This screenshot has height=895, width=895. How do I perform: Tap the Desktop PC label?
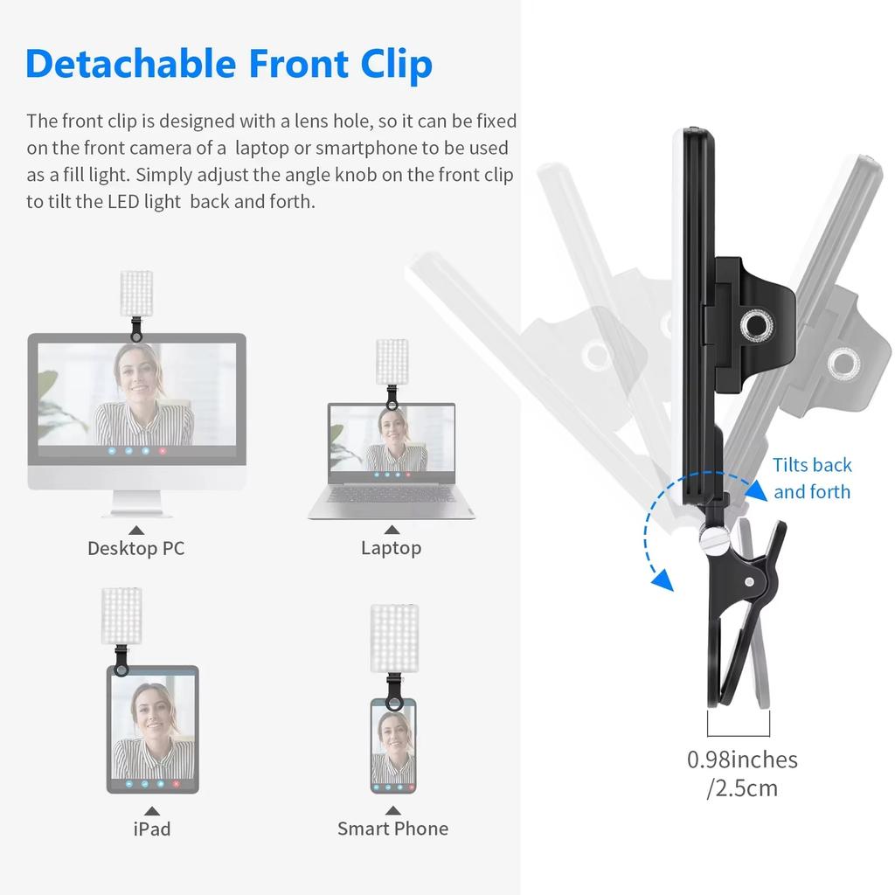tap(135, 548)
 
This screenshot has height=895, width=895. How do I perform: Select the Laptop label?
tap(391, 548)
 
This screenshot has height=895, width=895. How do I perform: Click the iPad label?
tap(152, 829)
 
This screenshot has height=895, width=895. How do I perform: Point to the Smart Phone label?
tap(392, 829)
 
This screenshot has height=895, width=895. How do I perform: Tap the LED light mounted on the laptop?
tap(391, 363)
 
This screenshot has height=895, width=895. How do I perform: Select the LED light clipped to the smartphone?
tap(392, 638)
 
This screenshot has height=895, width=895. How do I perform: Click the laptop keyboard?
tap(391, 496)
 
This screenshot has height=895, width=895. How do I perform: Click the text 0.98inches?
tap(742, 760)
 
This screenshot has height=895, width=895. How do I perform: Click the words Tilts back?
tap(812, 465)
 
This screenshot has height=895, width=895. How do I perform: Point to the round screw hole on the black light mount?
tap(751, 327)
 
